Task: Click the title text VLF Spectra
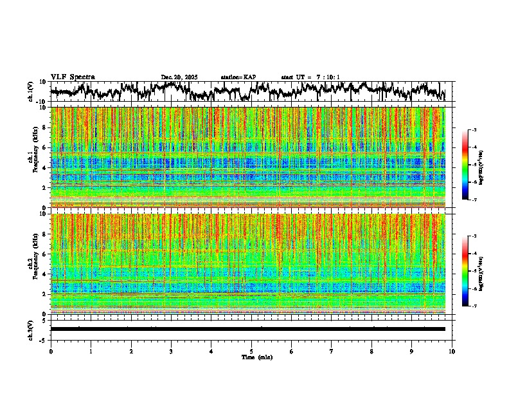coord(73,77)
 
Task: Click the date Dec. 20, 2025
coord(179,77)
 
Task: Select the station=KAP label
coord(238,77)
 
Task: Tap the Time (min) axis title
coord(256,357)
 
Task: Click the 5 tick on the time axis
coord(251,352)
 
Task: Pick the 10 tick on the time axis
coord(452,352)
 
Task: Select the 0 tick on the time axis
coord(51,352)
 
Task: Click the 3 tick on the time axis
coord(171,352)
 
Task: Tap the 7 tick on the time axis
coord(332,352)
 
